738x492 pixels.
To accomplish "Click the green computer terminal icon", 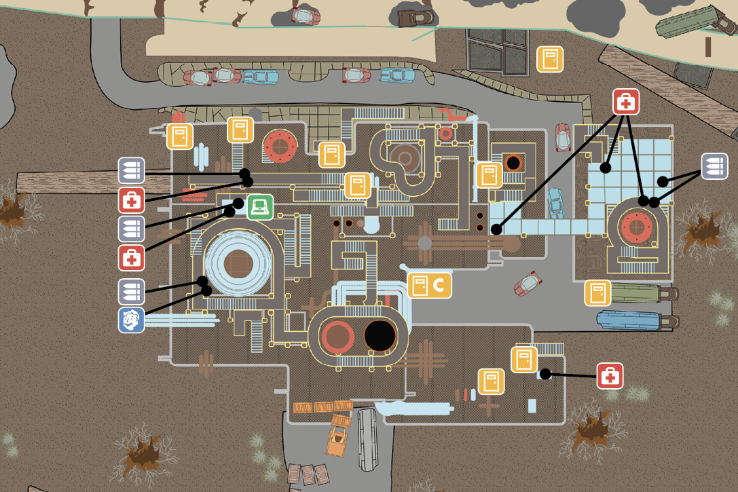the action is tap(260, 207).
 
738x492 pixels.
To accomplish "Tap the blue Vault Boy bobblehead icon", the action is tap(131, 320).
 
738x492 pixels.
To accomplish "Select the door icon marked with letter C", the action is tap(429, 285).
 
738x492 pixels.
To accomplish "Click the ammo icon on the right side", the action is tap(714, 166).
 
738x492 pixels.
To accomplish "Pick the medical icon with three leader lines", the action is tap(626, 102).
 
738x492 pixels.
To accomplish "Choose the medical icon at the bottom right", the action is tap(610, 376).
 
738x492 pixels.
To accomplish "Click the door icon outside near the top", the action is tap(550, 59).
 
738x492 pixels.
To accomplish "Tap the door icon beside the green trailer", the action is tap(597, 293).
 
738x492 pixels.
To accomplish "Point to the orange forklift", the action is tap(338, 435).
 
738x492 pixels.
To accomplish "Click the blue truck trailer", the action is tap(638, 320).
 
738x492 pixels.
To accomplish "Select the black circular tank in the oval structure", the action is tap(380, 336).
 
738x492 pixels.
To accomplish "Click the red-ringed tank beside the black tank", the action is tap(337, 337).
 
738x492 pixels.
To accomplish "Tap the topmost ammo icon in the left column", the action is tap(131, 170).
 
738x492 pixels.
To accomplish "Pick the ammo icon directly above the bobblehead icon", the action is tap(131, 292).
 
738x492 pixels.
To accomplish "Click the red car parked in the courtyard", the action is tap(528, 283).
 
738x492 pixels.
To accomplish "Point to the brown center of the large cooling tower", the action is tap(238, 264).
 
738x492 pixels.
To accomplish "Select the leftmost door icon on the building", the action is tap(180, 136).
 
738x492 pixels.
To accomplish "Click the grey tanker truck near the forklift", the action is tap(367, 439).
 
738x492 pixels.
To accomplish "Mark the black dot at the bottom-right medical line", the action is tap(545, 374).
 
